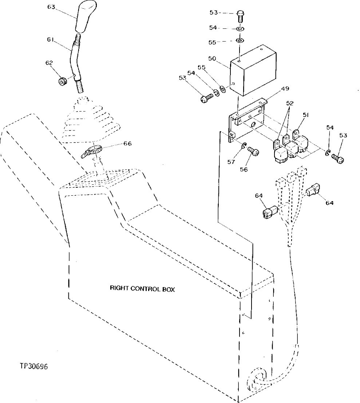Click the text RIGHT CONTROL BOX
point(142,289)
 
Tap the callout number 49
point(285,89)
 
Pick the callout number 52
point(289,103)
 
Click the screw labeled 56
point(253,151)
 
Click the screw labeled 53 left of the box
point(207,98)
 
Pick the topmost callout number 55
point(212,42)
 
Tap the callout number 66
point(127,144)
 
